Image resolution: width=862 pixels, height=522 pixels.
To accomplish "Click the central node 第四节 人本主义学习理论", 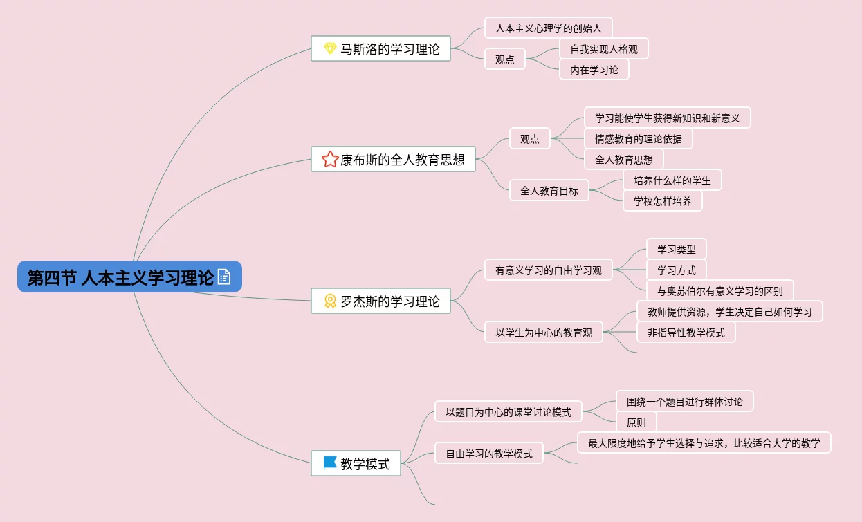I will point(121,277).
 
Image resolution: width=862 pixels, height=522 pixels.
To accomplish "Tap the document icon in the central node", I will point(224,277).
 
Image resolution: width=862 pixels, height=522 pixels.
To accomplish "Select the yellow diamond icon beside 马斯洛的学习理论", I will point(330,49).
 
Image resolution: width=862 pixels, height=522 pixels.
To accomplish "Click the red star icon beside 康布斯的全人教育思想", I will point(330,160).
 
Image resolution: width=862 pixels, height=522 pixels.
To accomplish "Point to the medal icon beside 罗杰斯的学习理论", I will point(330,301).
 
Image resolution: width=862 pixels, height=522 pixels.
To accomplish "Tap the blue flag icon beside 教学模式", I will point(330,463).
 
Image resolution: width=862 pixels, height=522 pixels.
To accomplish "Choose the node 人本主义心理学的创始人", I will point(548,28).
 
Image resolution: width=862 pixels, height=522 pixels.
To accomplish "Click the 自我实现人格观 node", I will point(603,49).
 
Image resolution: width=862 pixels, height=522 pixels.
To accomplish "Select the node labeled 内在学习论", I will point(594,70).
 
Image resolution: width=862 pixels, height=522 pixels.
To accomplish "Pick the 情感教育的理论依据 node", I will point(638,139).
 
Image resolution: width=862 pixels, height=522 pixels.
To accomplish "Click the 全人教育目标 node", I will point(549,191).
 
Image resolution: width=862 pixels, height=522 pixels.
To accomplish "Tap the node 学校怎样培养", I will point(662,201).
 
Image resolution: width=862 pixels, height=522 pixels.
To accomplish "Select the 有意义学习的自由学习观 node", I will point(548,270).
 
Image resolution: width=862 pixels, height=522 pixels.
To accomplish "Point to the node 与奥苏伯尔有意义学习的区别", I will point(719,291).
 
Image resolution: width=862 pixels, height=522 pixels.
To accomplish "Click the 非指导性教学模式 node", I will point(686,333).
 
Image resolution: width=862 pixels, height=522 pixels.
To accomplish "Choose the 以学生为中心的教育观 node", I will point(543,333).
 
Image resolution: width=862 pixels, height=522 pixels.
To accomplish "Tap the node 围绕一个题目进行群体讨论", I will point(684,402).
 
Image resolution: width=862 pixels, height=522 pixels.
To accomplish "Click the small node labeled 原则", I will point(636,422).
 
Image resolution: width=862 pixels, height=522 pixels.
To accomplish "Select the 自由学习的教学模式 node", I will point(488,454).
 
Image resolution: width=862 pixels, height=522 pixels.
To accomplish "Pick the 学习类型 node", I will point(676,250).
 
